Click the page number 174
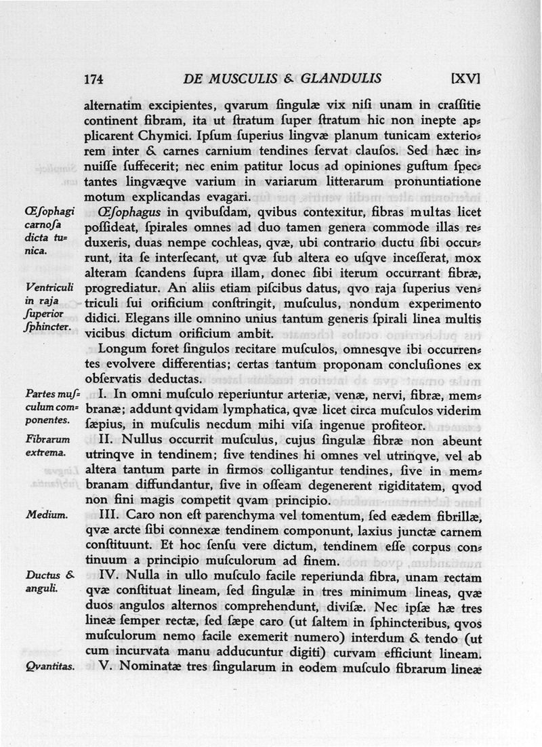coord(93,79)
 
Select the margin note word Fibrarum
coord(47,439)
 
